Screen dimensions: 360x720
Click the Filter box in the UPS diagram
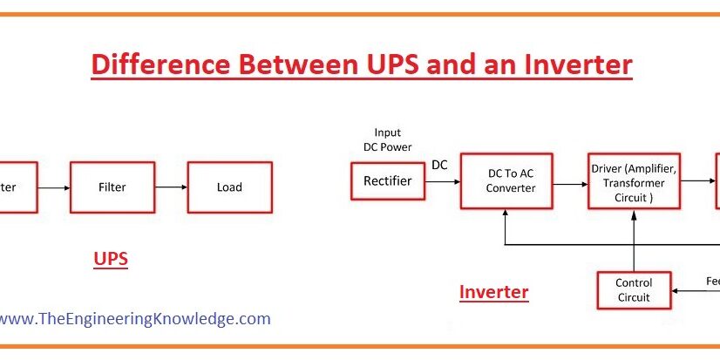[112, 187]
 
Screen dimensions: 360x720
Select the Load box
[229, 187]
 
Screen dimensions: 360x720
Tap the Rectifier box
[387, 181]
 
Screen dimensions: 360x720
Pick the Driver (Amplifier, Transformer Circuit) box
[634, 182]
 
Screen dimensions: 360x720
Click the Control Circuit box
[634, 290]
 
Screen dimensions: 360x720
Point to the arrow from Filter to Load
[170, 187]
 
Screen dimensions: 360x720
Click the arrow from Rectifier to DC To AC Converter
[441, 181]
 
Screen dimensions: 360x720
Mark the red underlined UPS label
[111, 259]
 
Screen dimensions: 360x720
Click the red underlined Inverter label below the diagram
[493, 292]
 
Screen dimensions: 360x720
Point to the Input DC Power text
[387, 139]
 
